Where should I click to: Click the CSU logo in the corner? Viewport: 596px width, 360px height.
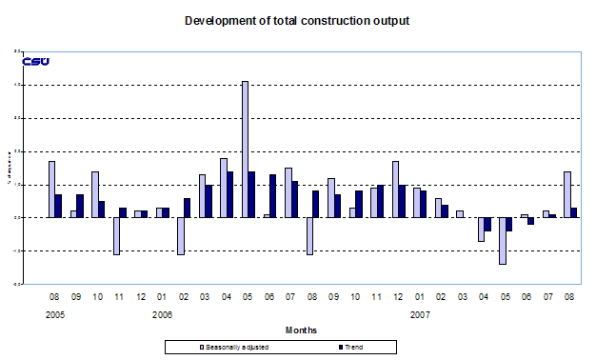pos(35,62)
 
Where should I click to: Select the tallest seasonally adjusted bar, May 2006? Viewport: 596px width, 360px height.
pos(245,149)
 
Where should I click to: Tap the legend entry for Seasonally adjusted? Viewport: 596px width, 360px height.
pos(235,348)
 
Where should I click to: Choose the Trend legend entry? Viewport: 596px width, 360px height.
pos(348,348)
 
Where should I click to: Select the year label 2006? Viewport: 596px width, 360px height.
pos(163,313)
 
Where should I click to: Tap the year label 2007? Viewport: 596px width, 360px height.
pos(421,313)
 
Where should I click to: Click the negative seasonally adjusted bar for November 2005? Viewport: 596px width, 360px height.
pos(116,235)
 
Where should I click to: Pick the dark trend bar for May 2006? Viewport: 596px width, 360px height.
pos(252,194)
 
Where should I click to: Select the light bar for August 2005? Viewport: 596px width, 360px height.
pos(51,189)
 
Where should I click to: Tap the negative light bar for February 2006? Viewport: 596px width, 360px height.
pos(180,235)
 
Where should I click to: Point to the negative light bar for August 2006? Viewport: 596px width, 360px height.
pos(309,235)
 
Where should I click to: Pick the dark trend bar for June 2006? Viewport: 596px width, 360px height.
pos(273,195)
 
